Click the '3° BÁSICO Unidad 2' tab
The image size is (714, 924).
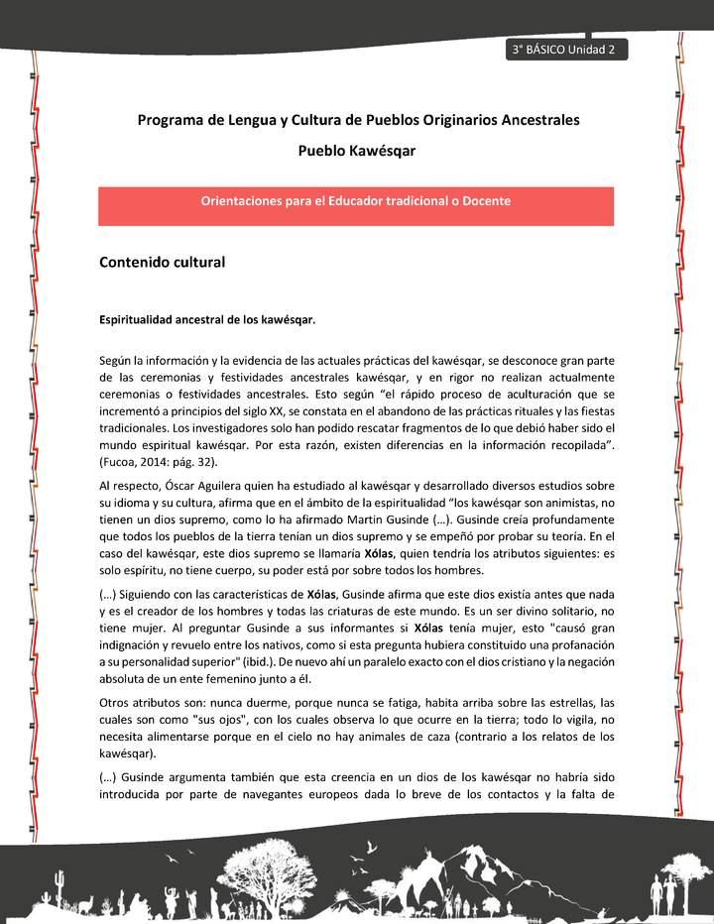click(x=565, y=51)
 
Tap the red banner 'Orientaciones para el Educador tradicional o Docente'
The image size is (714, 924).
click(x=356, y=201)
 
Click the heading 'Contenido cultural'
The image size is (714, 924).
click(x=162, y=263)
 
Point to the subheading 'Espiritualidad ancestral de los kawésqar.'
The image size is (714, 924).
click(x=207, y=320)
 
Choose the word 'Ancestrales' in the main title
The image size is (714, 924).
click(x=534, y=120)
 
